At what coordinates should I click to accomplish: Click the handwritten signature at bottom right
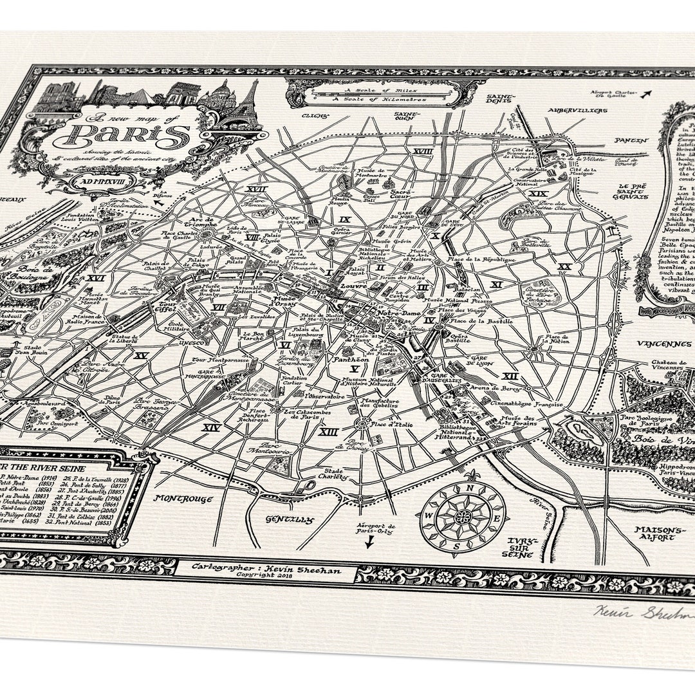pos(644,612)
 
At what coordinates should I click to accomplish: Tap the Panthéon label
pos(347,359)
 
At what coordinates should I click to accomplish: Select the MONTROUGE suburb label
pos(183,497)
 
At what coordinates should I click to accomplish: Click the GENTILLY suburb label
pos(290,519)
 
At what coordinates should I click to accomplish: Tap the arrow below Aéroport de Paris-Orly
pos(369,542)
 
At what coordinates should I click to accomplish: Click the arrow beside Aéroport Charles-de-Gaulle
pos(645,95)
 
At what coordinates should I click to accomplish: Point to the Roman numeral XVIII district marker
pos(423,151)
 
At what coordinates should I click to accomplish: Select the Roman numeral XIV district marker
pos(211,427)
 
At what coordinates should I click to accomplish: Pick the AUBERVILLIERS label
pos(577,110)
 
